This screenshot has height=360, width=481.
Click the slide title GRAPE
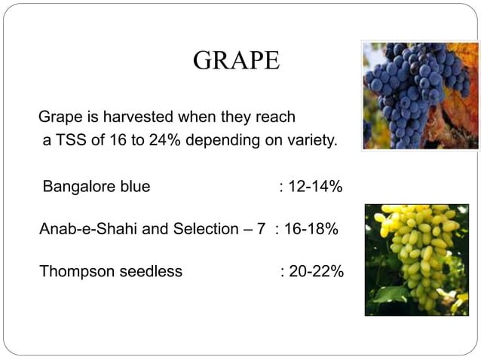236,61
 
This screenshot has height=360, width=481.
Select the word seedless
151,271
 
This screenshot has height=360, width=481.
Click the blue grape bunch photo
420,96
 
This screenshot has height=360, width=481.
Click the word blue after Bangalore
133,186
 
